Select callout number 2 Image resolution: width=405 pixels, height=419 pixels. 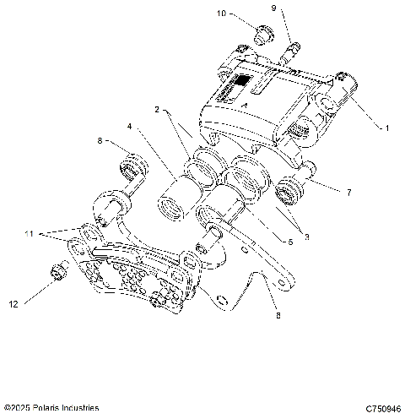(157, 110)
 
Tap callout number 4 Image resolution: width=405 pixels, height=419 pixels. (130, 128)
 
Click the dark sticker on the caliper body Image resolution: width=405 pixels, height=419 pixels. (241, 83)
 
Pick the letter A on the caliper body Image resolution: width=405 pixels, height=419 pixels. (243, 105)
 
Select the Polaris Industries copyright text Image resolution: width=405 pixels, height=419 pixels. (51, 408)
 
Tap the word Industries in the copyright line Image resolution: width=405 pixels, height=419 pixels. (78, 408)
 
